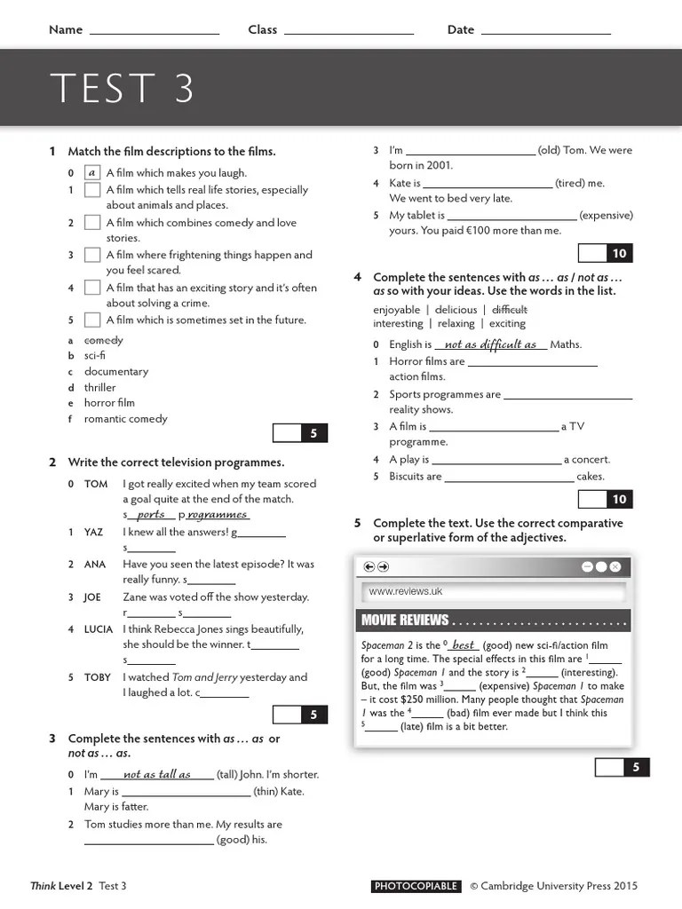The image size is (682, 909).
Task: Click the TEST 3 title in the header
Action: [x=122, y=89]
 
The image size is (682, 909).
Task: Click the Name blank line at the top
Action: [x=155, y=32]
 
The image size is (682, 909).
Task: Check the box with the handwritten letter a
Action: [x=91, y=173]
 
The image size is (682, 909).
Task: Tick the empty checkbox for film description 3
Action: [x=91, y=255]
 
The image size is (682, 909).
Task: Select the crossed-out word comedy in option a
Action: [x=104, y=340]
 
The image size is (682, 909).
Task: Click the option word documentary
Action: [x=116, y=372]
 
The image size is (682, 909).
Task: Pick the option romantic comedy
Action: [x=125, y=419]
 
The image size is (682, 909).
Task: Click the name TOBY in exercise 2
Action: [x=98, y=677]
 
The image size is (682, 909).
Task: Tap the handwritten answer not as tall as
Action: [x=157, y=774]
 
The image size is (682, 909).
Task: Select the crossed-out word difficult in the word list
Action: [x=509, y=310]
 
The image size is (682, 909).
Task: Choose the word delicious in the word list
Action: [x=456, y=310]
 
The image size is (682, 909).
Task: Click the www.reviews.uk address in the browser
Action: [x=405, y=591]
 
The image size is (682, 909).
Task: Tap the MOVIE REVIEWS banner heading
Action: [x=405, y=620]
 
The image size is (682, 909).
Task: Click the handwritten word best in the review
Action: [x=464, y=645]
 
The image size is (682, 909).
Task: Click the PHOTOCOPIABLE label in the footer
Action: [x=416, y=886]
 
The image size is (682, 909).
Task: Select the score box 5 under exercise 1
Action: [x=313, y=433]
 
